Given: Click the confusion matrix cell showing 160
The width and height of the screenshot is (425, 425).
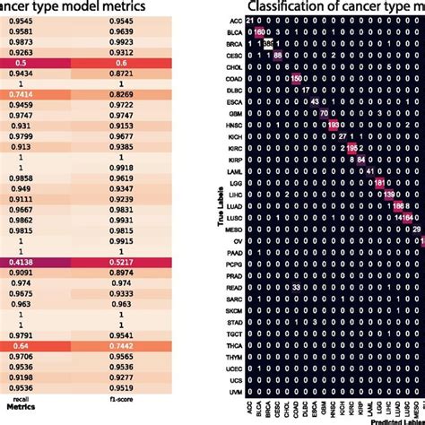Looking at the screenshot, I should coord(260,32).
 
